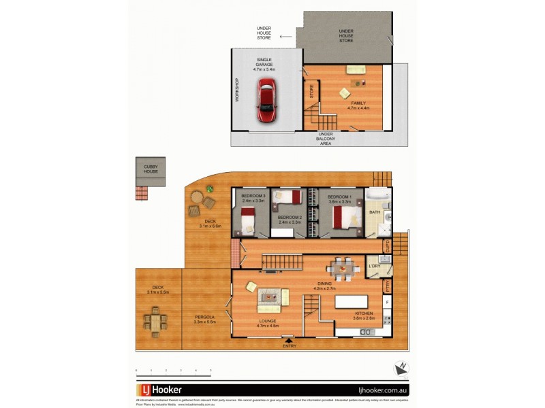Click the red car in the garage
[266, 101]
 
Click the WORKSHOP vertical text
[238, 90]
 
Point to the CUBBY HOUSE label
[151, 169]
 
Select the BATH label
[374, 213]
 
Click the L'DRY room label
[374, 266]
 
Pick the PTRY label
[387, 286]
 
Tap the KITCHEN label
[364, 313]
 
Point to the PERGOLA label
[204, 318]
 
